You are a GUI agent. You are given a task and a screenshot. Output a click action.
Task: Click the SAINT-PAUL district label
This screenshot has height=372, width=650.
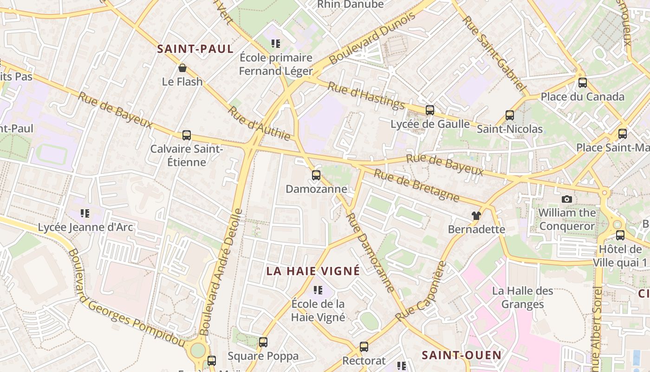pos(195,49)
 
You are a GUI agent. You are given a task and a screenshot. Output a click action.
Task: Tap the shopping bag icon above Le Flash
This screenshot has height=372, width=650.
pos(182,68)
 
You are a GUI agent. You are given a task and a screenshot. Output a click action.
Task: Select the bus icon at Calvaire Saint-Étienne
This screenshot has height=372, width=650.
pos(187,135)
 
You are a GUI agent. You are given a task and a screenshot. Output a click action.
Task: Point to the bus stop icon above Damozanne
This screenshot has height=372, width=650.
pos(316,175)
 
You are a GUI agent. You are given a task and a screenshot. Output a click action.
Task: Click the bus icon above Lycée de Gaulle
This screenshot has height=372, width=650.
pos(430,110)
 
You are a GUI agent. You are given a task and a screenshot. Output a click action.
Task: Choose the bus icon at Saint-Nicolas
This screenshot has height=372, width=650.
pos(510,115)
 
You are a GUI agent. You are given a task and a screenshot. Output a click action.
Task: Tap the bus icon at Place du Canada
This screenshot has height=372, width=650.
pos(583,83)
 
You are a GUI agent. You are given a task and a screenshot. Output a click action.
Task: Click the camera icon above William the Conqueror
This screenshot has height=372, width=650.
pos(566,199)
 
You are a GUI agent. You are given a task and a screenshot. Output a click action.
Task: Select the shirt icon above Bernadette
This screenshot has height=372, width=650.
pos(476,215)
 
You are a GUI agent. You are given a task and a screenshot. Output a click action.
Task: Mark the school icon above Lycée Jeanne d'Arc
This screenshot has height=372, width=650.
pos(84,213)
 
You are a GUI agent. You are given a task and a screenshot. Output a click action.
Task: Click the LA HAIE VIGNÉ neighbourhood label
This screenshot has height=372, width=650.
pos(313,271)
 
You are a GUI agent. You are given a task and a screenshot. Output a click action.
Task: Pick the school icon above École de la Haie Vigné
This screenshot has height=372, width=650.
pos(318,290)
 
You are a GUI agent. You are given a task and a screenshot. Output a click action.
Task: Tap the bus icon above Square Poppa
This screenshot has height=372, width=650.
pos(263,342)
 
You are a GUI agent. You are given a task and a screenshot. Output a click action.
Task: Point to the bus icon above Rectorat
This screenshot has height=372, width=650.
pos(364,346)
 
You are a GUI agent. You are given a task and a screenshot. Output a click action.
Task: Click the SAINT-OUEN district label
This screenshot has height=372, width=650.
pos(461,355)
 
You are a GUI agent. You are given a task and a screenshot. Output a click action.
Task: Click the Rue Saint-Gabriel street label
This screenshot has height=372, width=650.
pos(495,53)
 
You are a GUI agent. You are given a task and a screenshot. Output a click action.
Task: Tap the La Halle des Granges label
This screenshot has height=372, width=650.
pos(523,298)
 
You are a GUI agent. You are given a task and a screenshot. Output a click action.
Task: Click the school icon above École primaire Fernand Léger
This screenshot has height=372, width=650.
pos(276,44)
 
